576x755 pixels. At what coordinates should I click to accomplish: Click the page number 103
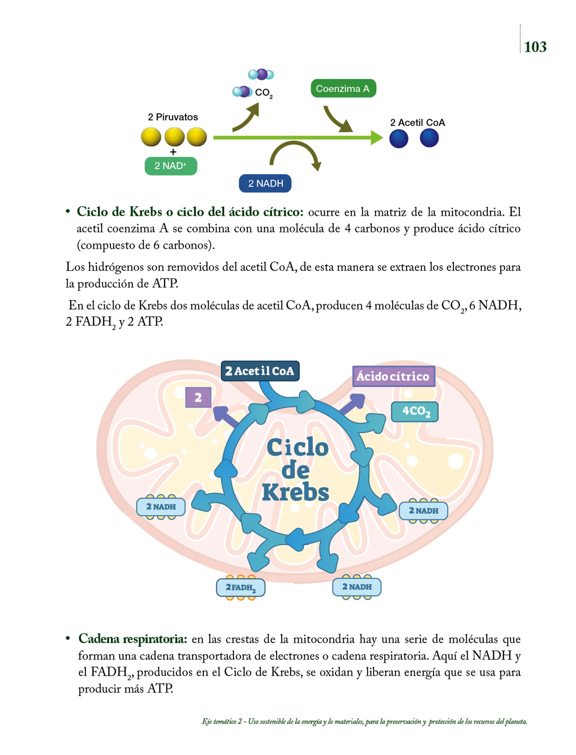[535, 47]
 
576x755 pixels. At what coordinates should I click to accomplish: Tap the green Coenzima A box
[343, 88]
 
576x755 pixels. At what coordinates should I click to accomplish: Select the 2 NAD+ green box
[171, 166]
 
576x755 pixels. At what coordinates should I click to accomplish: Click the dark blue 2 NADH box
[265, 183]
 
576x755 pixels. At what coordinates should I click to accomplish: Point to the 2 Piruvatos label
[173, 117]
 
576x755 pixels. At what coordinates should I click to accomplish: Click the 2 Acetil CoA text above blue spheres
[417, 122]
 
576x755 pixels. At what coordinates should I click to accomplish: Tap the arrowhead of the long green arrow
[377, 138]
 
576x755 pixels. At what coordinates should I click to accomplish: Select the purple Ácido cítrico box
[393, 376]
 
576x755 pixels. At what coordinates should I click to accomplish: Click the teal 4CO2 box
[415, 411]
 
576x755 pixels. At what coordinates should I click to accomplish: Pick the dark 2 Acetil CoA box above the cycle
[260, 371]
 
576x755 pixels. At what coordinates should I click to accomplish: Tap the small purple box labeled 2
[198, 397]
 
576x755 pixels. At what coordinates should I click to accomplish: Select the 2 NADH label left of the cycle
[161, 507]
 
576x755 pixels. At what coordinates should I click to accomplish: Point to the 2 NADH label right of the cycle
[424, 511]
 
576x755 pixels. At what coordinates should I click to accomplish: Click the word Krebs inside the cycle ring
[295, 493]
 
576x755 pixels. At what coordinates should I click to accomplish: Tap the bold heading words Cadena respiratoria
[133, 639]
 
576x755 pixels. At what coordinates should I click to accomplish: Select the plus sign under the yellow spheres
[173, 152]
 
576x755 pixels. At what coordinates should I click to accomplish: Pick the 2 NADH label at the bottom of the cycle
[357, 587]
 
